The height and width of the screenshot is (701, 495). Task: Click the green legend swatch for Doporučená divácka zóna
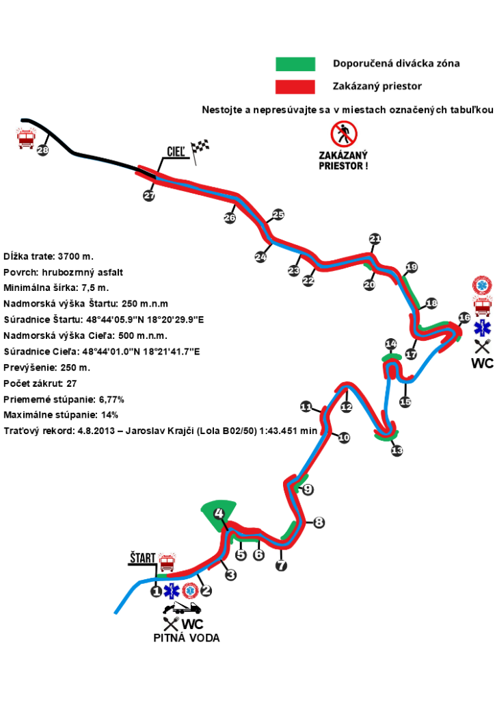coord(295,64)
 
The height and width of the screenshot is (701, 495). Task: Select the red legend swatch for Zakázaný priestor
coord(295,87)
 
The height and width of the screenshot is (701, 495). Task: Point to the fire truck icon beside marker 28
coord(26,138)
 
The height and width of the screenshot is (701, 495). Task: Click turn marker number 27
coord(149,196)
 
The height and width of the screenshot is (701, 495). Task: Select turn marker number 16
coord(464,318)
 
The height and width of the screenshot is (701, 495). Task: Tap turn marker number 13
coord(397,450)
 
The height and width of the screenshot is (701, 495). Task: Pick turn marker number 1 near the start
coord(156,590)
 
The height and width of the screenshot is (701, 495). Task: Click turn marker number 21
coord(375,239)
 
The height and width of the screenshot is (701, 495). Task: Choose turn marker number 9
coord(308,489)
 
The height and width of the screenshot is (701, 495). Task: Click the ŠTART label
coord(142,559)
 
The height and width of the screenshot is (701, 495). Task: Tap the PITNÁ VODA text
coord(186,638)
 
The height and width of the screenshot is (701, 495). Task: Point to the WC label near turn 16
coord(482,363)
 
